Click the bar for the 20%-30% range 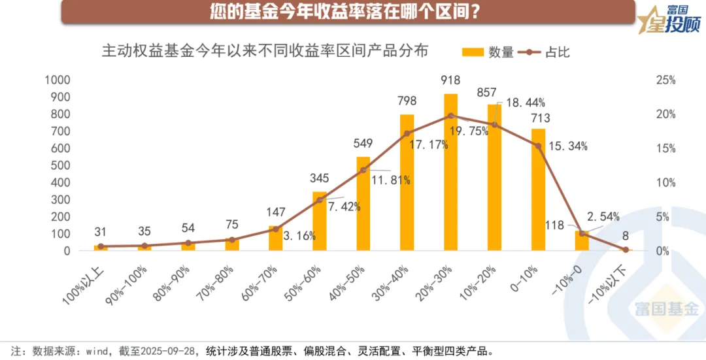(x=450, y=172)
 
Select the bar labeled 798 (x=407, y=183)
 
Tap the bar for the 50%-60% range (x=320, y=222)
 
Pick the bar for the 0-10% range (x=538, y=189)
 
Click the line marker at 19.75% (x=450, y=116)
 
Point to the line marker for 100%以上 (x=101, y=246)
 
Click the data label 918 (x=450, y=81)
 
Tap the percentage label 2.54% (x=603, y=217)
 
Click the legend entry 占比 (x=546, y=52)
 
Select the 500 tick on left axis (x=61, y=165)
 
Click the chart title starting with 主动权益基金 (x=265, y=51)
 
